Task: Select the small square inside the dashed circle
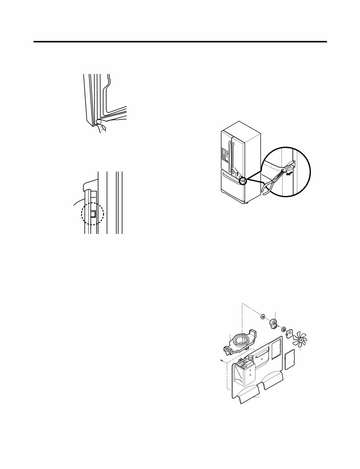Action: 93,213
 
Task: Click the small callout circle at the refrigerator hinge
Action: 242,181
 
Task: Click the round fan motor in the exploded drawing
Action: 274,323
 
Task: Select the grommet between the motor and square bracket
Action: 283,329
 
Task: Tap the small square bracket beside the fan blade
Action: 289,332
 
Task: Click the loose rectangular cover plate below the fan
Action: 290,359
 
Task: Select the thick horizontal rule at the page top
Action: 180,42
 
